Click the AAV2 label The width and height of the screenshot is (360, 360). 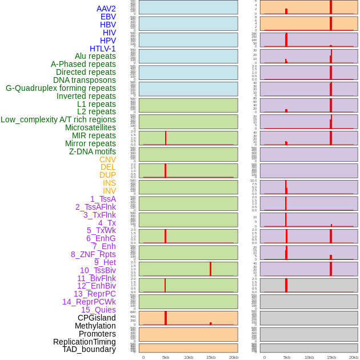click(106, 9)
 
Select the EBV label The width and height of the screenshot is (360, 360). click(108, 17)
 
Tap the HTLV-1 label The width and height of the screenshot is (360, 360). click(103, 49)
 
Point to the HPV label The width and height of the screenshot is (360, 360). click(108, 41)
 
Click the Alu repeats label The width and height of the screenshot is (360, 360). click(95, 56)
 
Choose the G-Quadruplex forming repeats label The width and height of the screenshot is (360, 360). click(61, 88)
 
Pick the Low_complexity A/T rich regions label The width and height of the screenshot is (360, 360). click(58, 119)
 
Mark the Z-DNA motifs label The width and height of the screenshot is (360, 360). click(93, 151)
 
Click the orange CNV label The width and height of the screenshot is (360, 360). click(107, 159)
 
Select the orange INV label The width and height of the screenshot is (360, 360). click(109, 191)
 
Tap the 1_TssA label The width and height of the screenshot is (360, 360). click(103, 199)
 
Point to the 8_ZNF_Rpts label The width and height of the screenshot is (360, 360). click(93, 254)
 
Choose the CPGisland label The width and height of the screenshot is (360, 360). click(97, 318)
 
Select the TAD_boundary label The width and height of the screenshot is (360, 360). click(89, 349)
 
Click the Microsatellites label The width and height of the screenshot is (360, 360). click(90, 127)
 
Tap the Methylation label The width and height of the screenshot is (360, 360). click(95, 326)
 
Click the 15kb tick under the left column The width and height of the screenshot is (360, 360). click(210, 357)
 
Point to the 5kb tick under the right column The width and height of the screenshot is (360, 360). click(287, 357)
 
